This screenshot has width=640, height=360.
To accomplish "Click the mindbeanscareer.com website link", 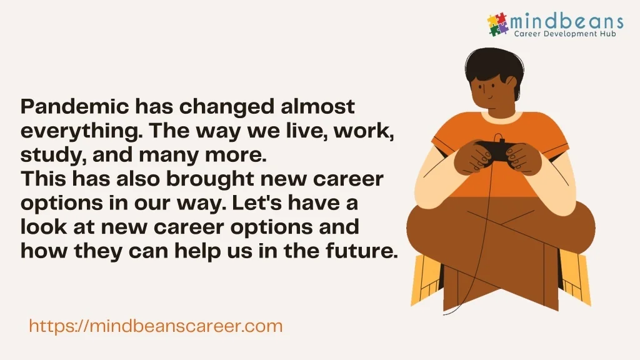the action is (x=156, y=326).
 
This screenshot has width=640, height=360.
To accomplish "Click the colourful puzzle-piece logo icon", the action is (x=497, y=24).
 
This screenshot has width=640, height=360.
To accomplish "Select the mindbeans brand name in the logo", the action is (x=566, y=21).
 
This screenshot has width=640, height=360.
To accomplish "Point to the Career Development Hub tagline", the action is (x=565, y=34).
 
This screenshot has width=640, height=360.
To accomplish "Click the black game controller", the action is (x=495, y=151).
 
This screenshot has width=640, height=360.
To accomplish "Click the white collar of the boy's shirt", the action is (x=501, y=117).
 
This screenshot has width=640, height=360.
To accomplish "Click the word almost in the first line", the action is (x=317, y=106).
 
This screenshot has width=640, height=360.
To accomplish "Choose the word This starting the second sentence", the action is (x=44, y=179).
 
